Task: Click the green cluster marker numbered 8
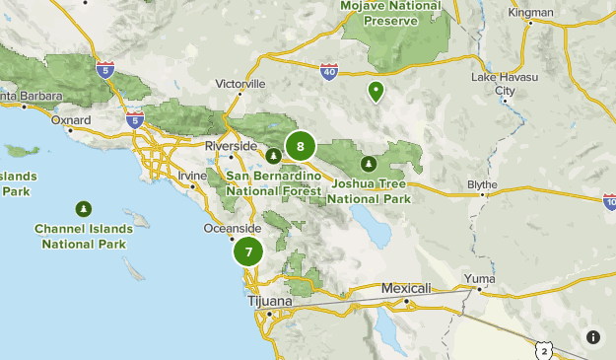tap(300, 147)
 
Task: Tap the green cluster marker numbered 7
tap(248, 252)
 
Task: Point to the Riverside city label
tap(230, 146)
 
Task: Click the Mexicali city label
tap(406, 288)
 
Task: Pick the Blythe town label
tap(482, 184)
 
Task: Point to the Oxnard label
tap(70, 120)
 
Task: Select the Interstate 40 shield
tap(328, 72)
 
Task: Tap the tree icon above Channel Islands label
tap(84, 208)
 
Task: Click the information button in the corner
tap(593, 336)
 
